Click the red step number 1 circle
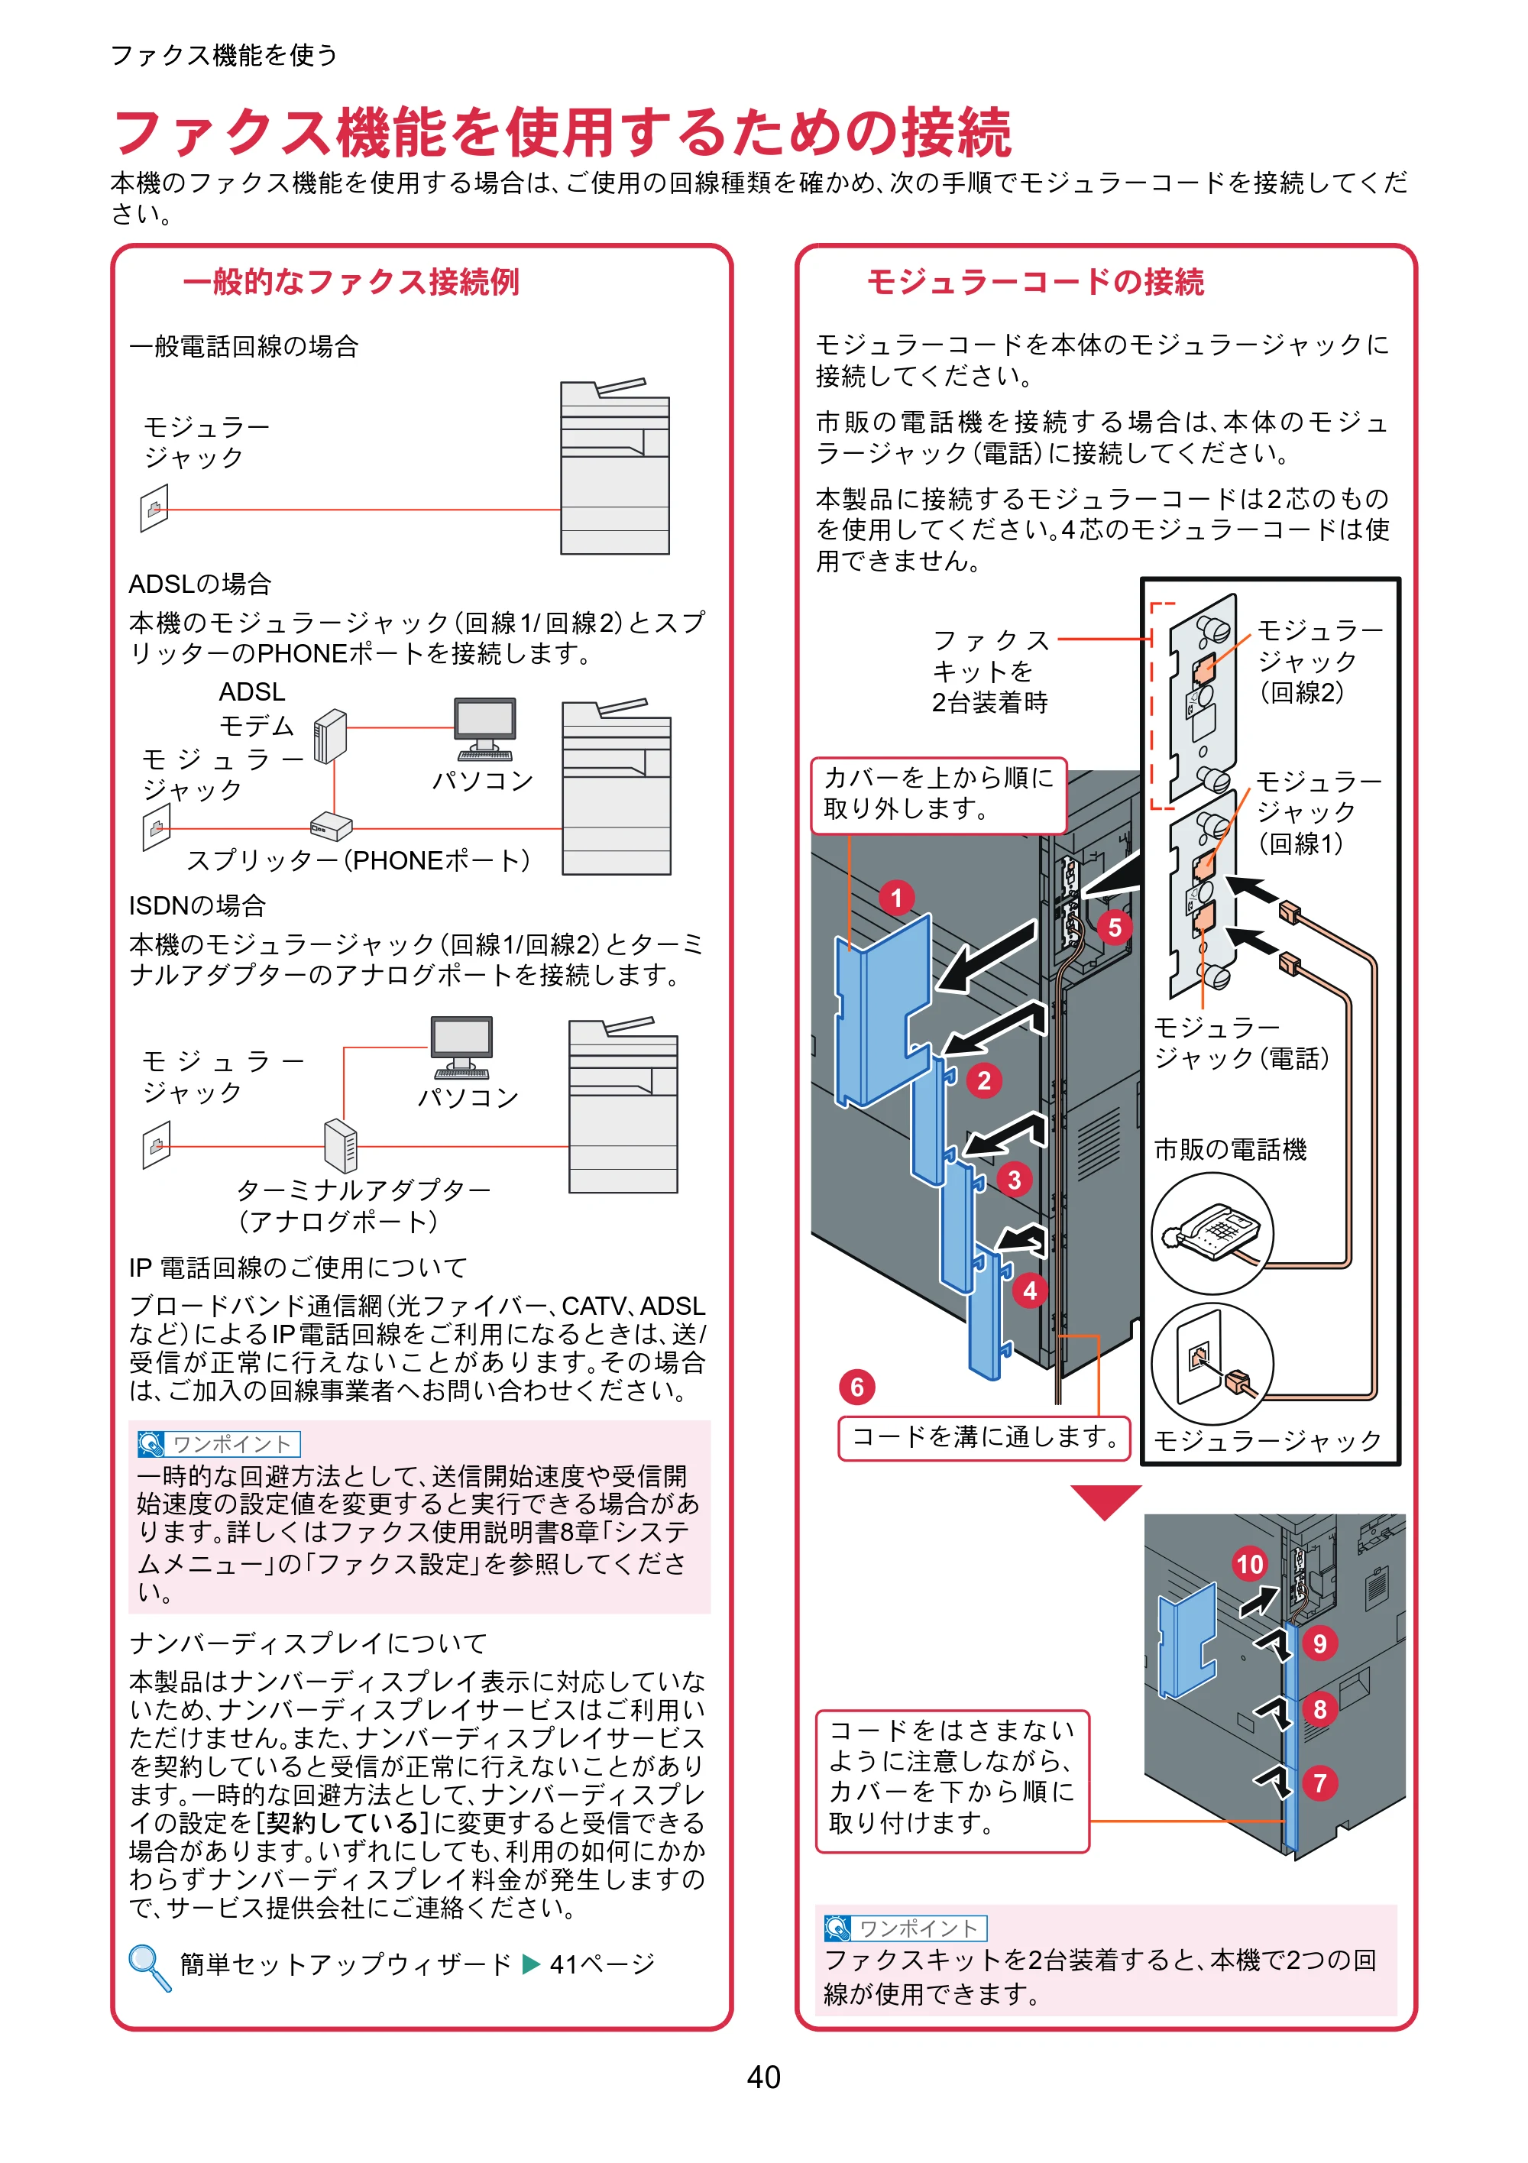click(x=897, y=898)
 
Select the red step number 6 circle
click(x=857, y=1387)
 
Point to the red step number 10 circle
click(x=1250, y=1565)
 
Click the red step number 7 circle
click(x=1319, y=1783)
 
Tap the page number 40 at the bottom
click(x=764, y=2077)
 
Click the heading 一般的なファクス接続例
click(x=351, y=282)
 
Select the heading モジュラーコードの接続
click(x=1035, y=282)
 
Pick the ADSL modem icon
click(x=330, y=736)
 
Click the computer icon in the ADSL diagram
click(x=484, y=728)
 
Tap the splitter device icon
click(x=331, y=826)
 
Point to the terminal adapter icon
click(x=340, y=1145)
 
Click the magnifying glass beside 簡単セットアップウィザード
click(x=150, y=1968)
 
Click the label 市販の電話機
click(x=1230, y=1149)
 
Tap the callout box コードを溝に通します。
click(x=985, y=1438)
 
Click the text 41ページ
click(x=602, y=1964)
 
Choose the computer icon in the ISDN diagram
click(x=461, y=1048)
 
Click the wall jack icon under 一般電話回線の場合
click(x=154, y=508)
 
